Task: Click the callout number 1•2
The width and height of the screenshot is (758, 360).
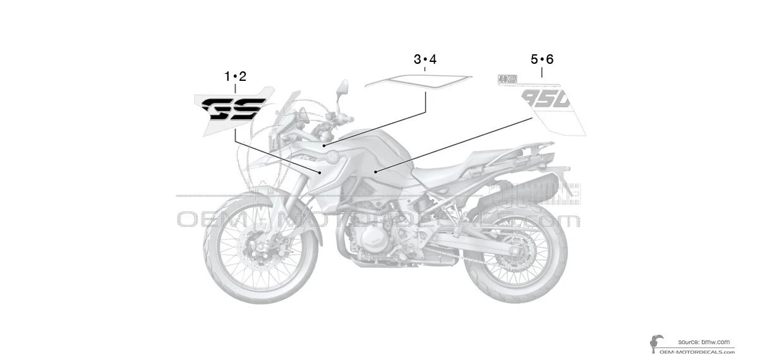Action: (x=235, y=76)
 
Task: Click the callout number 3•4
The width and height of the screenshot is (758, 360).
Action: (x=425, y=59)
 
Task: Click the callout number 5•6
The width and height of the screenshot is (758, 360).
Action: (x=542, y=59)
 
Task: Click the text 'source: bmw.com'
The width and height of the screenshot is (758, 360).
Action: (x=704, y=341)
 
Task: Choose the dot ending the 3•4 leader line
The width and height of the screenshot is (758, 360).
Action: (x=324, y=145)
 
